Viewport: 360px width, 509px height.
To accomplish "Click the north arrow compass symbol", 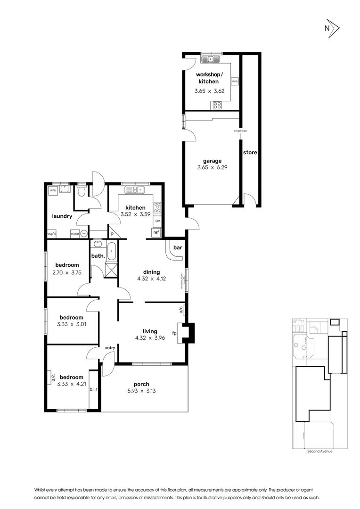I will [x=331, y=28].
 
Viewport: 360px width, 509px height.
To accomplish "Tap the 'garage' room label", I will [x=212, y=161].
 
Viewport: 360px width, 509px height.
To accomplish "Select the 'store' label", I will [x=250, y=153].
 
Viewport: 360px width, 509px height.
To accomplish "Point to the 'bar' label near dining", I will [x=178, y=247].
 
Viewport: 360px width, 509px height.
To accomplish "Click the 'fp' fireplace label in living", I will [x=174, y=333].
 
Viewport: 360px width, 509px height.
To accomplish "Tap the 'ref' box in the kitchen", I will [x=155, y=232].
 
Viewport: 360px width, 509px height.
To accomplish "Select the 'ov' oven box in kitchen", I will [x=158, y=221].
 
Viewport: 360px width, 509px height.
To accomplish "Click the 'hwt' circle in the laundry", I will [x=84, y=233].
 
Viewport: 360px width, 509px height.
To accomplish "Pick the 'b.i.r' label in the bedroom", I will [x=93, y=389].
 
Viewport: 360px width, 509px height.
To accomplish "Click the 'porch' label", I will [x=141, y=384].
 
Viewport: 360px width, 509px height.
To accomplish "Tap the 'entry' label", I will [x=110, y=348].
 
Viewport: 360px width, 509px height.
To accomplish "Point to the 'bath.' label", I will [x=98, y=256].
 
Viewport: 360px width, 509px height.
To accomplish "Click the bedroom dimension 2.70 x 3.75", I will [x=67, y=272].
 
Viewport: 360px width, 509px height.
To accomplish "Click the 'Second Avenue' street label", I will [x=319, y=452].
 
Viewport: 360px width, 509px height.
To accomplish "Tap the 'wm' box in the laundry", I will [x=53, y=190].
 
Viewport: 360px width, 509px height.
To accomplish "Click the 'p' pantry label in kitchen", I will [x=113, y=233].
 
